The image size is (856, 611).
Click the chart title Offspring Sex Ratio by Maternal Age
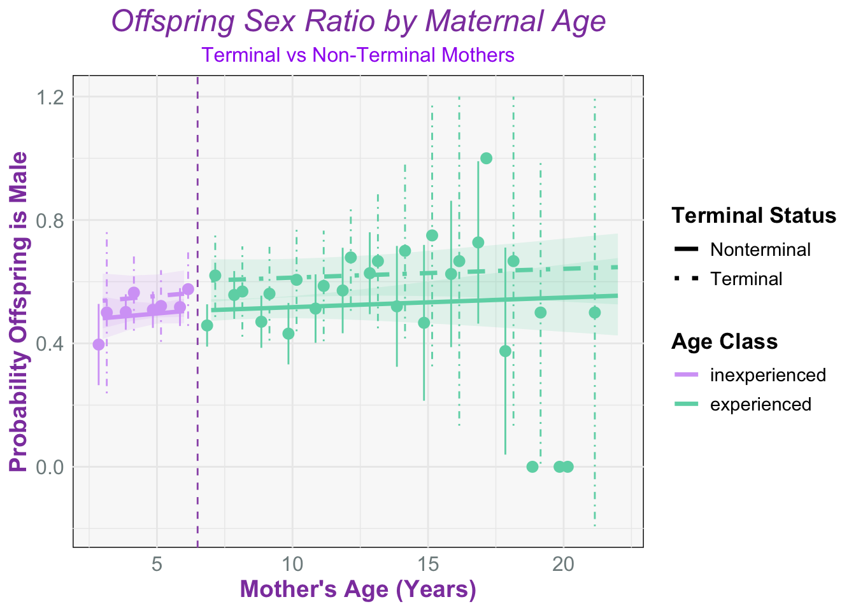(x=358, y=22)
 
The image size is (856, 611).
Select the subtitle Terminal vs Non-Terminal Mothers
(x=358, y=55)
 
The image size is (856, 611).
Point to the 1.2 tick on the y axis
(x=50, y=97)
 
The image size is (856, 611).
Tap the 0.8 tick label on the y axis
(x=50, y=221)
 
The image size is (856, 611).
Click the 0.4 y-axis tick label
(x=50, y=344)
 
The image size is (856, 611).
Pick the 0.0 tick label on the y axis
(x=50, y=467)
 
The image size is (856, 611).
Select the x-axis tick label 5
(x=157, y=565)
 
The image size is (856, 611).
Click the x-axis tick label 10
(x=292, y=565)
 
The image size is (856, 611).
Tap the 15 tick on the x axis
(x=428, y=565)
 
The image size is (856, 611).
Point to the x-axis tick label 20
(x=563, y=565)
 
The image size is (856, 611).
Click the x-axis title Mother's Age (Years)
(x=358, y=589)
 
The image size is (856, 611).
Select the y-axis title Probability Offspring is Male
(x=18, y=312)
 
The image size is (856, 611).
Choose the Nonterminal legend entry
(x=742, y=249)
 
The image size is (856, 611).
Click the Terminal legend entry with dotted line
(x=729, y=279)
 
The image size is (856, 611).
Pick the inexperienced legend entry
(x=750, y=375)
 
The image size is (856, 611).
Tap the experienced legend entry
(x=743, y=404)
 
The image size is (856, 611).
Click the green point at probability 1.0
(x=486, y=158)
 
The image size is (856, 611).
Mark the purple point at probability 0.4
(x=99, y=344)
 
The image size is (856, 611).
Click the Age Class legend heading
(x=725, y=341)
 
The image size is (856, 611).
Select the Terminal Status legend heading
(x=754, y=215)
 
